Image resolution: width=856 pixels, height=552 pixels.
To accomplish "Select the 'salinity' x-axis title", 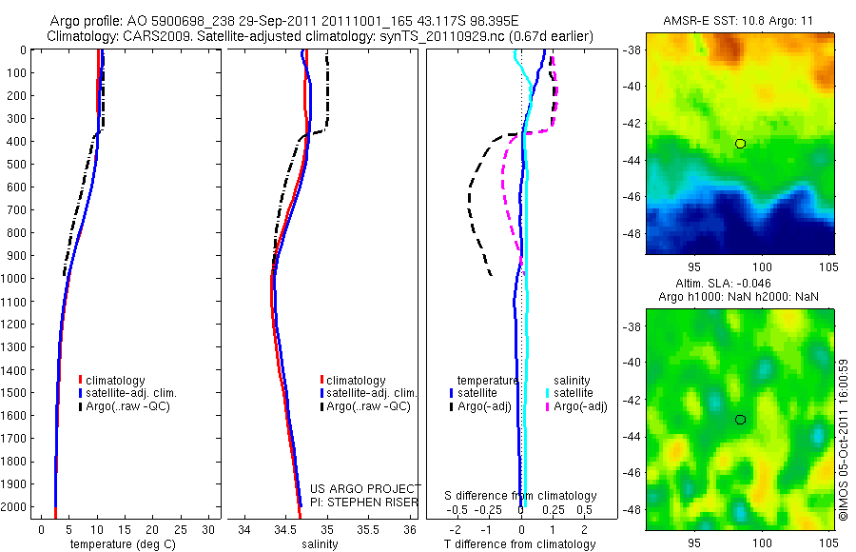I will click(x=320, y=544).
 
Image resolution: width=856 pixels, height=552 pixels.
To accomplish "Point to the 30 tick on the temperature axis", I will click(x=209, y=529).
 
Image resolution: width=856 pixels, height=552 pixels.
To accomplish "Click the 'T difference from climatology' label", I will click(x=521, y=544).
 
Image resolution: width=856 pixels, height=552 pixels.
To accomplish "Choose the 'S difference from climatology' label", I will click(x=521, y=496).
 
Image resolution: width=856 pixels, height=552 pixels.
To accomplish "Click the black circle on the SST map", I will click(x=740, y=144).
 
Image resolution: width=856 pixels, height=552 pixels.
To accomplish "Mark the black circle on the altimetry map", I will click(x=740, y=420).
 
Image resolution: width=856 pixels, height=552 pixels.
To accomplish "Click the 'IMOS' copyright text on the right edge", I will click(x=843, y=500).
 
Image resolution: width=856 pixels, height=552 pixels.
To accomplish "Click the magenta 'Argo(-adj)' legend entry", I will click(x=580, y=406).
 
